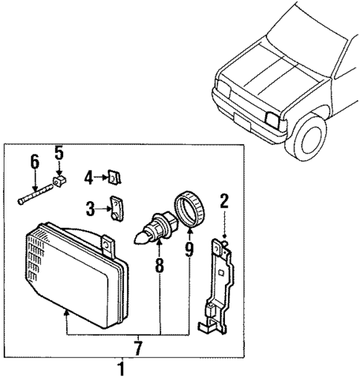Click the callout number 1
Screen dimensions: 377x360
click(x=122, y=367)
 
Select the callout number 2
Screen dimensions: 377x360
click(x=223, y=200)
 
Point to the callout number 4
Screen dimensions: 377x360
click(x=88, y=177)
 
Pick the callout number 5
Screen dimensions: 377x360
click(x=59, y=154)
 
